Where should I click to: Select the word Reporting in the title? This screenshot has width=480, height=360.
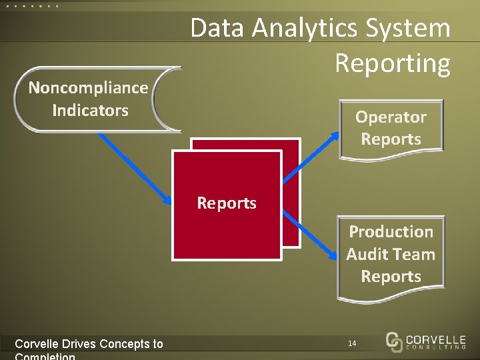tap(393, 63)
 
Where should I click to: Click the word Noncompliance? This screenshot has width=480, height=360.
tap(88, 88)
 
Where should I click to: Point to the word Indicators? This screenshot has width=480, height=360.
tap(90, 111)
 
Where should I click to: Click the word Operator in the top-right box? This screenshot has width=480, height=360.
tap(391, 117)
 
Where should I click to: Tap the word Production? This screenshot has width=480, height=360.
tap(391, 232)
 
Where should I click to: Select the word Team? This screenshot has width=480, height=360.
tap(414, 255)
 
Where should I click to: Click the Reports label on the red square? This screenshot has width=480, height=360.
tap(227, 203)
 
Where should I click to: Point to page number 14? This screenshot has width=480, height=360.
tap(352, 343)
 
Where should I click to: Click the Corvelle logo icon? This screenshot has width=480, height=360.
tap(394, 341)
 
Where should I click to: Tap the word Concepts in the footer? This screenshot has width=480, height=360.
tap(125, 344)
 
